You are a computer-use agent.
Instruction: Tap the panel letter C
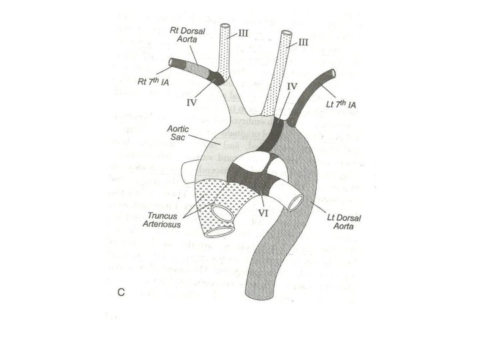[x=122, y=292]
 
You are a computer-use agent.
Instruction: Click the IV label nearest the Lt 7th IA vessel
[x=292, y=87]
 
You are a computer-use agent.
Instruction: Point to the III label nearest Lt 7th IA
[x=303, y=42]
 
